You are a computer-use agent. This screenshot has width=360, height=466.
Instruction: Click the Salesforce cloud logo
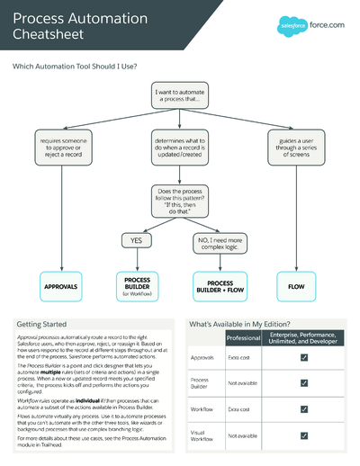294,26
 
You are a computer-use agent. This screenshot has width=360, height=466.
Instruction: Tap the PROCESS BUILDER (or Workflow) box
138,288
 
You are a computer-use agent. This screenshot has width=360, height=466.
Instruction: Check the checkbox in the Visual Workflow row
304,435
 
